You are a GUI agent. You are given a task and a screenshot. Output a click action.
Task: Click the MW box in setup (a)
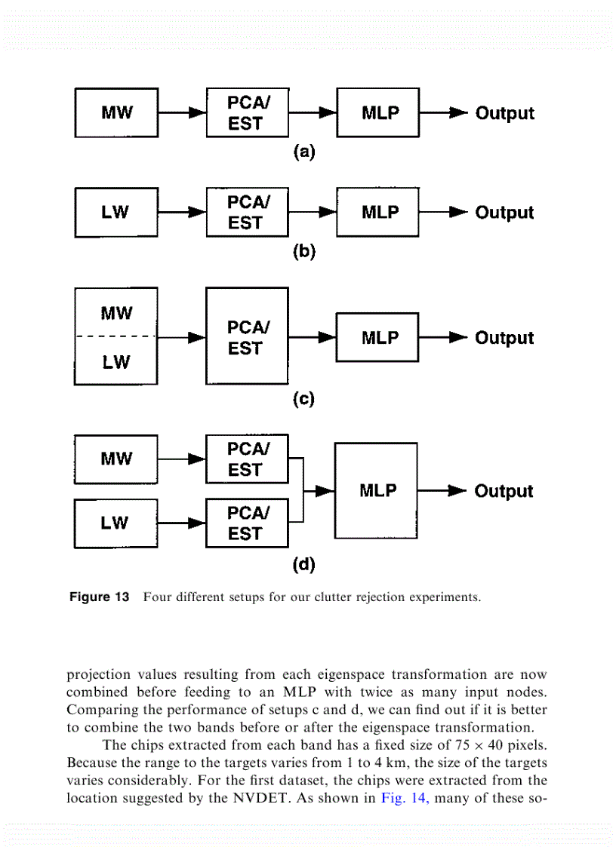[116, 113]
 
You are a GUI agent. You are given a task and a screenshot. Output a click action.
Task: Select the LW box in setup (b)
[116, 213]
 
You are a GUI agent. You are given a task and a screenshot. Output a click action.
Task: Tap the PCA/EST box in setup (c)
[247, 336]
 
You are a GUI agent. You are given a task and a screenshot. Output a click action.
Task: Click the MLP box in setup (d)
[376, 491]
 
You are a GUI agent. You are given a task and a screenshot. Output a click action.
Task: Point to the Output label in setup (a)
[504, 114]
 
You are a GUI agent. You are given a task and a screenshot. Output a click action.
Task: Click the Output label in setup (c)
[504, 338]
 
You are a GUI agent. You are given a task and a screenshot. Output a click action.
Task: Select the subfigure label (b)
[303, 252]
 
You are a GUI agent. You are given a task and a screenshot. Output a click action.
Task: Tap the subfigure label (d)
[303, 563]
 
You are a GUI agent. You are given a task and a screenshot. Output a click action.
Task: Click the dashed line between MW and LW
[116, 336]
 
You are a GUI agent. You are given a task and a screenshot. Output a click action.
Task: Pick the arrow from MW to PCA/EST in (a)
[182, 113]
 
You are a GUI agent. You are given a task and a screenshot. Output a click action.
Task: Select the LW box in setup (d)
[116, 523]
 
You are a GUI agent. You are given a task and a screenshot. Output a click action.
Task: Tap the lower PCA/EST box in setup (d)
[247, 523]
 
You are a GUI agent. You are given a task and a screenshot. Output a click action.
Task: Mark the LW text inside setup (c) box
[116, 363]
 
